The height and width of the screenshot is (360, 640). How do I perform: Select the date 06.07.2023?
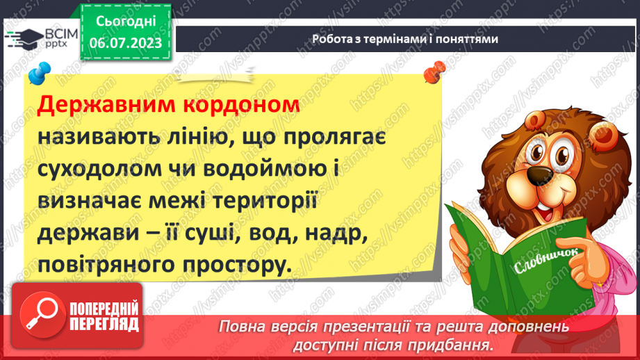tap(125, 43)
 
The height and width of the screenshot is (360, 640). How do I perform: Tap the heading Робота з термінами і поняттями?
tap(405, 39)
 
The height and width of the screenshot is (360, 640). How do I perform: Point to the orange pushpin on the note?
tap(434, 70)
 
